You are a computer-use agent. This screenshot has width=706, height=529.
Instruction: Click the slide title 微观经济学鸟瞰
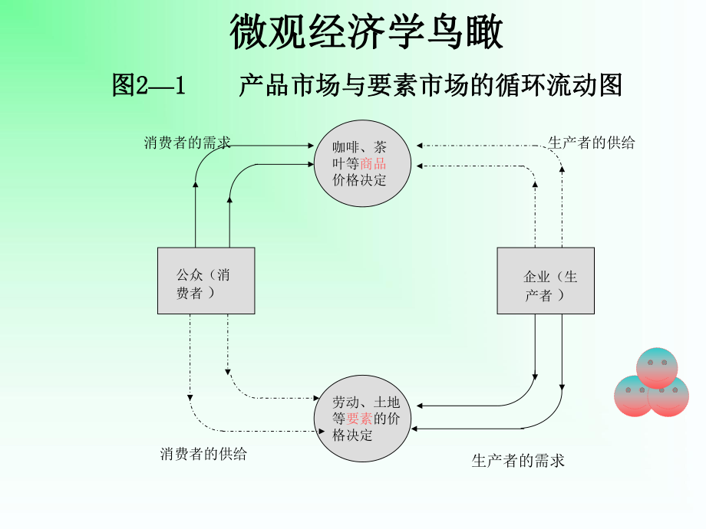coord(366,34)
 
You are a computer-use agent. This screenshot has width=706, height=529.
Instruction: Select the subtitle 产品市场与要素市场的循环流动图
coord(430,85)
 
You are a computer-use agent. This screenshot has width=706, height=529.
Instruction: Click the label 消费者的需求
coord(187,143)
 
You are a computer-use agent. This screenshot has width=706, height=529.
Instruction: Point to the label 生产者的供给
coord(592,143)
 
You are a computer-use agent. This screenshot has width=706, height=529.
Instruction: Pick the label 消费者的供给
coord(203,454)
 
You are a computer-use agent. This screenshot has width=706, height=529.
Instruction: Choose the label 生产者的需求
coord(518,461)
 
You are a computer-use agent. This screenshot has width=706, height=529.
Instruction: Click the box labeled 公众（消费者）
coord(206,281)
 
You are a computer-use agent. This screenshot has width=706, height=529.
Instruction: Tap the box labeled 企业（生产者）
coord(545,281)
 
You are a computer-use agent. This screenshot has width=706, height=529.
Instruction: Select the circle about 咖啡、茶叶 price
coord(361,163)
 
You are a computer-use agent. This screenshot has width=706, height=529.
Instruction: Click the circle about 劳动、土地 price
coord(361,419)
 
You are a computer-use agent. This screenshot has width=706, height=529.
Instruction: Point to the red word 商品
coord(373,163)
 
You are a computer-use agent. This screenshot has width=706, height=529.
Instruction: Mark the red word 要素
coord(359,419)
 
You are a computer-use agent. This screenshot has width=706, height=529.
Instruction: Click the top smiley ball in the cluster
coord(657,366)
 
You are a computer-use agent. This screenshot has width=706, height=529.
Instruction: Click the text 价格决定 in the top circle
coord(359,180)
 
